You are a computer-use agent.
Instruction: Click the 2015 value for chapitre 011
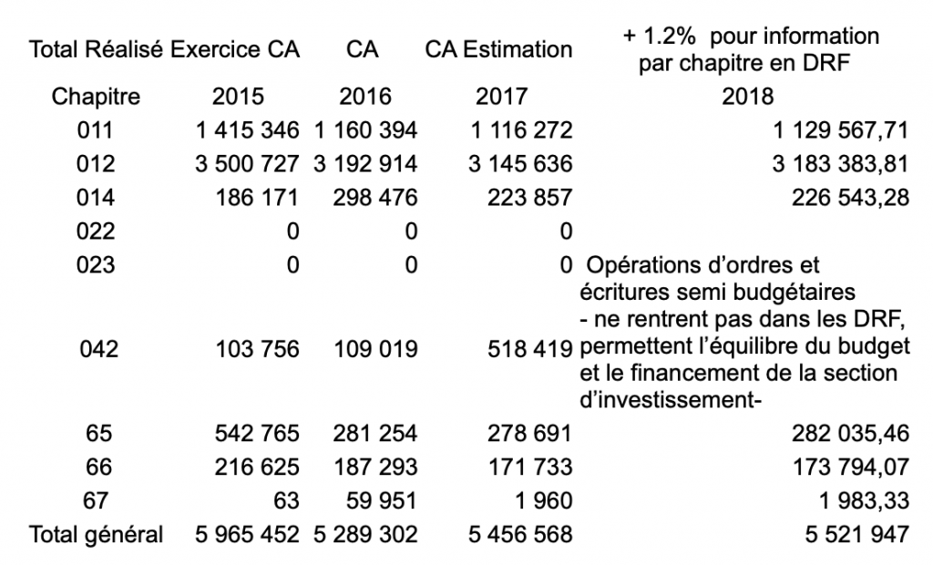pyautogui.click(x=247, y=130)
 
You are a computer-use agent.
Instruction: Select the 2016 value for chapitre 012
pyautogui.click(x=365, y=164)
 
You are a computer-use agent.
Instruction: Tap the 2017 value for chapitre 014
pyautogui.click(x=529, y=198)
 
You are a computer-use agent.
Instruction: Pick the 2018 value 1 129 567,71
pyautogui.click(x=840, y=130)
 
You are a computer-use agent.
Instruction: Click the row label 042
pyautogui.click(x=98, y=349)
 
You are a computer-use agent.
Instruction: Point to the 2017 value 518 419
pyautogui.click(x=529, y=349)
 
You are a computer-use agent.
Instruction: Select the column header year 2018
pyautogui.click(x=748, y=97)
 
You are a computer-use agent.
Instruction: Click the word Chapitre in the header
pyautogui.click(x=96, y=97)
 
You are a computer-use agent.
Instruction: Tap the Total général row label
pyautogui.click(x=96, y=534)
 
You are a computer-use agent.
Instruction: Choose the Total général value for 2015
pyautogui.click(x=247, y=534)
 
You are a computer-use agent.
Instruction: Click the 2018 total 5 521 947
pyautogui.click(x=856, y=534)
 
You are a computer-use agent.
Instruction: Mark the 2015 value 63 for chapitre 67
pyautogui.click(x=286, y=500)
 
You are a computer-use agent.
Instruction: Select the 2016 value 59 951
pyautogui.click(x=382, y=500)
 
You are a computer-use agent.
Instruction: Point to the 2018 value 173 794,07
pyautogui.click(x=850, y=468)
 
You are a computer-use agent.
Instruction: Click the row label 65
pyautogui.click(x=98, y=433)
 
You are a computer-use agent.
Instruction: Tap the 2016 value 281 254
pyautogui.click(x=374, y=433)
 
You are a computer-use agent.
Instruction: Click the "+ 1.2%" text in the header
pyautogui.click(x=660, y=36)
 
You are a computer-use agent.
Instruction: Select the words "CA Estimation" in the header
pyautogui.click(x=498, y=49)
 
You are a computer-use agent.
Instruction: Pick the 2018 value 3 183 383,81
pyautogui.click(x=840, y=164)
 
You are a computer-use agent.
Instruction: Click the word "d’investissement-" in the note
pyautogui.click(x=671, y=400)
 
